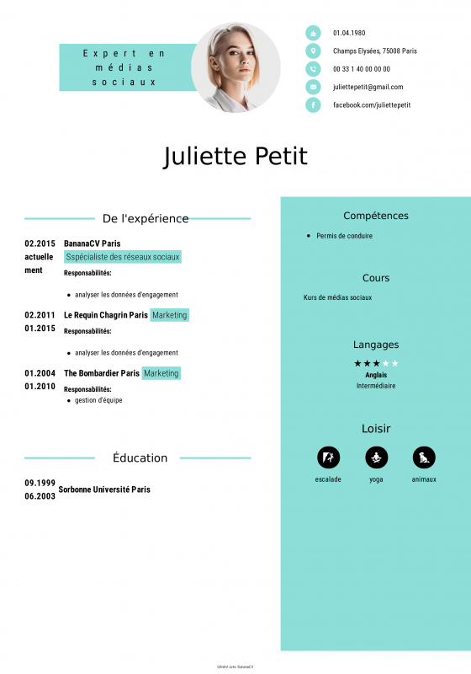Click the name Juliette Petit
[x=235, y=157]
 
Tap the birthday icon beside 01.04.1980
[x=313, y=33]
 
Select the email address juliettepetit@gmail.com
[x=368, y=87]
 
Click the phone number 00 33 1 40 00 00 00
[x=361, y=69]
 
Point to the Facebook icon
[x=313, y=104]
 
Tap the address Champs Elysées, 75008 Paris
[x=374, y=51]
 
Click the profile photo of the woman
[x=235, y=67]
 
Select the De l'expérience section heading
[x=146, y=218]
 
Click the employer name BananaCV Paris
[x=92, y=243]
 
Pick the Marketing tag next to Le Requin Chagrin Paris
[x=170, y=315]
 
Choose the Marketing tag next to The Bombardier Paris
[x=161, y=373]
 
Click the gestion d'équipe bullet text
[x=98, y=400]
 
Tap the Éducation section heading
[x=140, y=457]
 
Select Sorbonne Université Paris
[x=104, y=489]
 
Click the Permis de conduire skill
[x=344, y=236]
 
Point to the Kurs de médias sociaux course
[x=337, y=297]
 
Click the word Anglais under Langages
[x=376, y=375]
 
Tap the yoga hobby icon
[x=376, y=457]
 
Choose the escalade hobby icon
[x=328, y=457]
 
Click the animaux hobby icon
[x=424, y=457]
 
